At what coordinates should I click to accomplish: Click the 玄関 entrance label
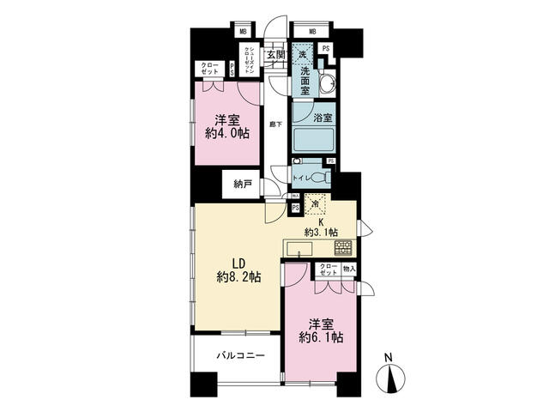point(274,56)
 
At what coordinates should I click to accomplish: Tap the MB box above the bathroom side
point(311,33)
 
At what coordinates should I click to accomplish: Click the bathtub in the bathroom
point(313,138)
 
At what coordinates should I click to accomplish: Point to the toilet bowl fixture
point(318,177)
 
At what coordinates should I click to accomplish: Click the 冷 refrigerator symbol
point(315,205)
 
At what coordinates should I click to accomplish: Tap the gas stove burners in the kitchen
point(342,248)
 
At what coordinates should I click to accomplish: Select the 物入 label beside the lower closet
point(348,269)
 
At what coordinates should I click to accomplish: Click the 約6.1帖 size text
point(325,337)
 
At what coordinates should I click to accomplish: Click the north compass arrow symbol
point(392,378)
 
